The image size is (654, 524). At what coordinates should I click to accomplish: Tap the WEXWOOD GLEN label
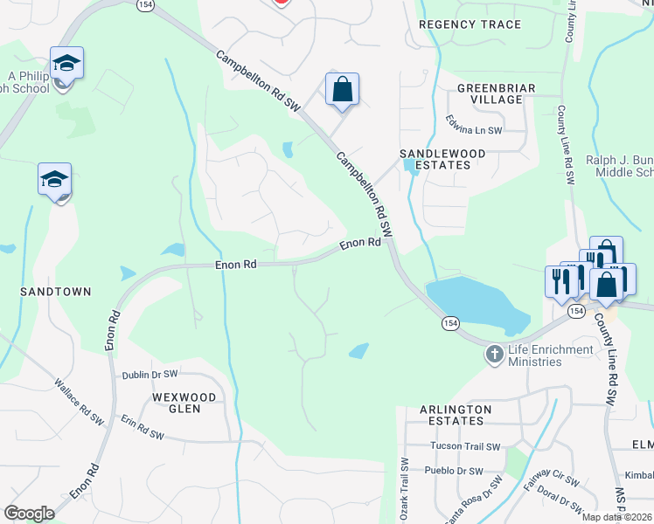coord(184,403)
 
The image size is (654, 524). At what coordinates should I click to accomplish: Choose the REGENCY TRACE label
coord(470,24)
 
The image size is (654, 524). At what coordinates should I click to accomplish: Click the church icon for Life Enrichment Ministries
coord(495,354)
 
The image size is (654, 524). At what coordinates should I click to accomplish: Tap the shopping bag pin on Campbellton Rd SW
coord(342,90)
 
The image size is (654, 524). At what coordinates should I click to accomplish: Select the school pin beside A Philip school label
coord(66,64)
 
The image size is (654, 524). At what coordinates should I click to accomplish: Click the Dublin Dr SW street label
coord(150,374)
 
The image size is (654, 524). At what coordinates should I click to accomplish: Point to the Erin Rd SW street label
coord(143,427)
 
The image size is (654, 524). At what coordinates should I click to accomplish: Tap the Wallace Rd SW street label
coord(79,402)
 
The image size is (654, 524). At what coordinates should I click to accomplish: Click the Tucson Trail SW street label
coord(465,446)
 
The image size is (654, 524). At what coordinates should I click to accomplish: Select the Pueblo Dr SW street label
coord(457,471)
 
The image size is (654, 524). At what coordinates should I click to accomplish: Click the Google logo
coord(30,514)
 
